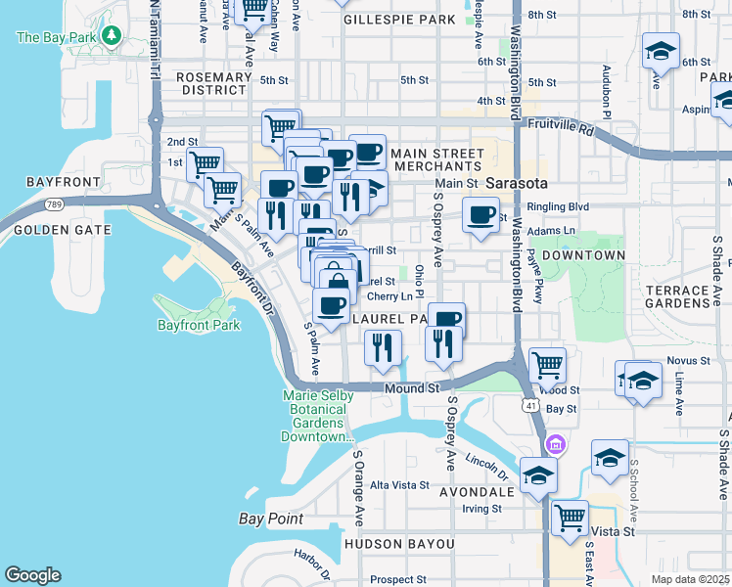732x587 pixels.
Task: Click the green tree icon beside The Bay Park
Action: (113, 37)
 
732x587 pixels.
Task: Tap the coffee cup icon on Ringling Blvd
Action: (480, 215)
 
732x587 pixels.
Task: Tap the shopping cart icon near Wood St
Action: (547, 365)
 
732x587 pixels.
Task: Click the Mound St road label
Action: (411, 388)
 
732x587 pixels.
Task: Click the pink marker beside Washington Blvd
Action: (556, 445)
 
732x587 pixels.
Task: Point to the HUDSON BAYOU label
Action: (398, 543)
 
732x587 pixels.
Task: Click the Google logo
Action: (32, 575)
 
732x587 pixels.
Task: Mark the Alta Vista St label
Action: (399, 484)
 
